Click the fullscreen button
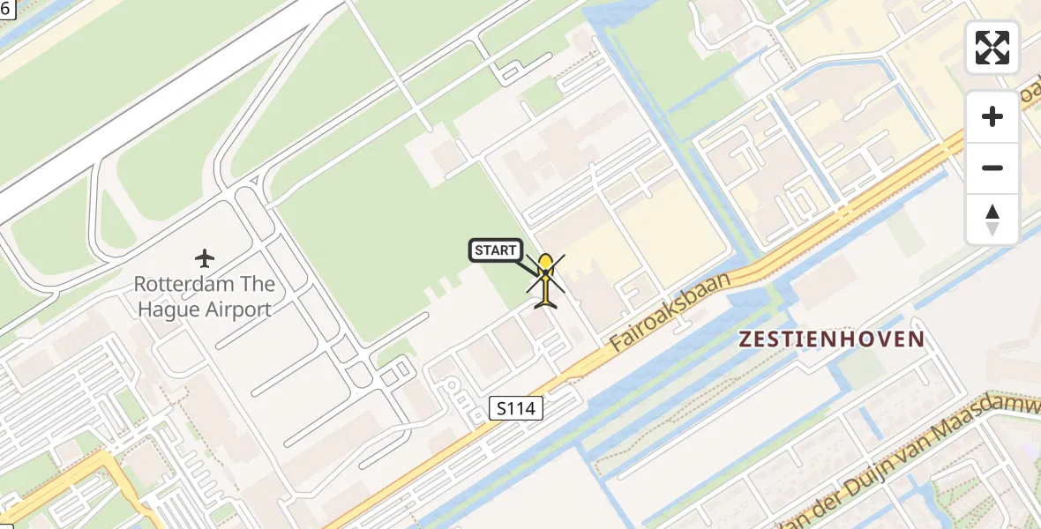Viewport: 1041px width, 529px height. click(992, 48)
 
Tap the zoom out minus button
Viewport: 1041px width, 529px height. click(992, 168)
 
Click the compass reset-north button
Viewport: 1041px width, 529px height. click(992, 220)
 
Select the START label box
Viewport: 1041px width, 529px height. click(495, 250)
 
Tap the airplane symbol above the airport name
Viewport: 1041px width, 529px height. click(205, 258)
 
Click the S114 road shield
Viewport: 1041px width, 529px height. click(516, 408)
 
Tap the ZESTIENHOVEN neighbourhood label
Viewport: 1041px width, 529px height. click(832, 339)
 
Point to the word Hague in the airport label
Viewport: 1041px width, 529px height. click(169, 309)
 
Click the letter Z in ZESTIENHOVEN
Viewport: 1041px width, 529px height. click(746, 339)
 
